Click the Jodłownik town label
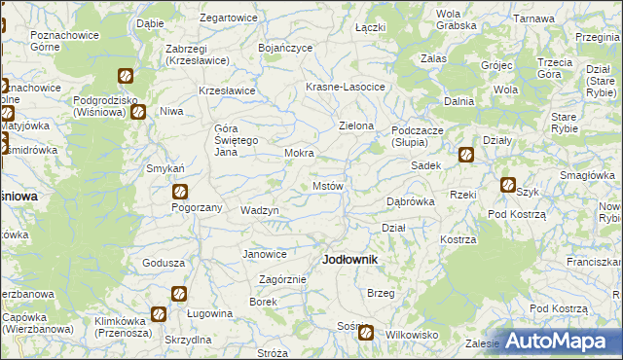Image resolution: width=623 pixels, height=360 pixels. (x=349, y=260)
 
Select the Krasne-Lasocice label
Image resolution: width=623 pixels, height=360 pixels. (x=346, y=87)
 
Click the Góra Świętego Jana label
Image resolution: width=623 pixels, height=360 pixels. (x=235, y=142)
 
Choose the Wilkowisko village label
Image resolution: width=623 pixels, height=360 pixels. (x=413, y=334)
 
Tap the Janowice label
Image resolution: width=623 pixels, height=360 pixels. (x=264, y=254)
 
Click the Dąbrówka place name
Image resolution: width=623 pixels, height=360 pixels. (x=410, y=201)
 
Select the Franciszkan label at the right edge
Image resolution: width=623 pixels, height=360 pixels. (x=595, y=262)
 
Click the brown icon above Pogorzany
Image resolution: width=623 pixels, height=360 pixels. (x=180, y=192)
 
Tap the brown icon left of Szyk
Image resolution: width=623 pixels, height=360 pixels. (x=507, y=185)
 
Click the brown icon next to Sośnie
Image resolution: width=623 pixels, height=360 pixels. (x=366, y=333)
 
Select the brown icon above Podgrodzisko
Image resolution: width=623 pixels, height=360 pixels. (x=126, y=76)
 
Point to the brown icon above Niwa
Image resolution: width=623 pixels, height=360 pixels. (x=138, y=111)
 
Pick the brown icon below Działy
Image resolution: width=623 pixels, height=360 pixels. (x=466, y=154)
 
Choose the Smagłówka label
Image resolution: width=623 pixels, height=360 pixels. (x=586, y=175)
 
